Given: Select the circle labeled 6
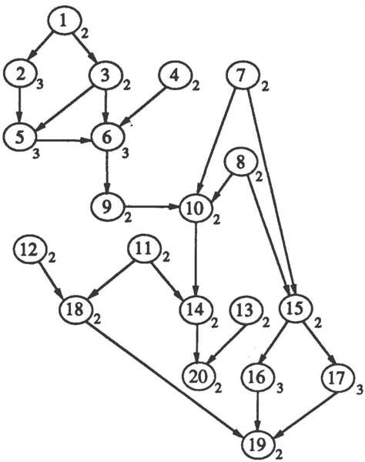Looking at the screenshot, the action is coord(108,138).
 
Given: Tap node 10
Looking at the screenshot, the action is coord(196,209).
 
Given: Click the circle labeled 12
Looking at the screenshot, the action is coord(30,250).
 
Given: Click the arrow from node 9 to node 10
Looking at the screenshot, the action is coord(152,207).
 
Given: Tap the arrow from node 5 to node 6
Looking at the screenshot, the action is coord(64,141).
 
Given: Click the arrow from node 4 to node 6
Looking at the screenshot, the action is coord(143,106).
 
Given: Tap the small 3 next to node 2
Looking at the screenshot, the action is coord(40,85).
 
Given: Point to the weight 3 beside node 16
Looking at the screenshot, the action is coord(280,388).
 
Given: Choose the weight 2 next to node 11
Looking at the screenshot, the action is coord(166,258).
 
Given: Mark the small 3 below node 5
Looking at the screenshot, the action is coord(36,154).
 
